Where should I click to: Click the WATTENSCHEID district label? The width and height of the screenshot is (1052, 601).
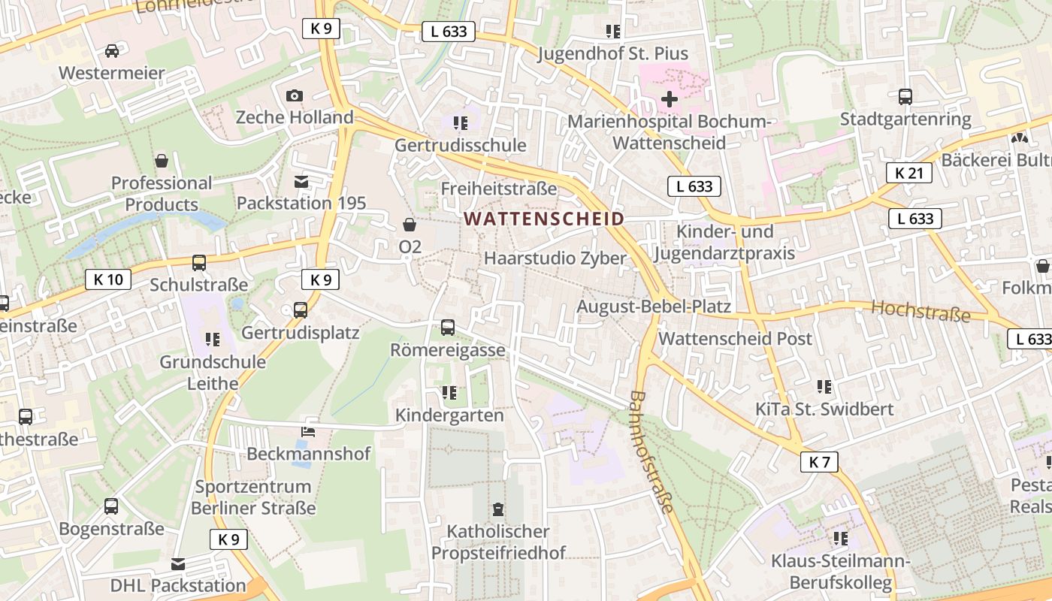coord(545,219)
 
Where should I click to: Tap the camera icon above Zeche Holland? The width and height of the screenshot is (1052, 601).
coord(295,95)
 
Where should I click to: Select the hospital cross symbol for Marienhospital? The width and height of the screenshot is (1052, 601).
coord(669,99)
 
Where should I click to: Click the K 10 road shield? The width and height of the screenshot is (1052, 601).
coord(108,279)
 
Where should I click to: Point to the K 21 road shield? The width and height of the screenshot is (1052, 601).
coord(908,173)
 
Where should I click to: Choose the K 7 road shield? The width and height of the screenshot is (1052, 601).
coord(818,461)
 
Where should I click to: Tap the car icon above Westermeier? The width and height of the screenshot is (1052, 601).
coord(112,51)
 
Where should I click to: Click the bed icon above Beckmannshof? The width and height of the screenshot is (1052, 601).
coord(308,432)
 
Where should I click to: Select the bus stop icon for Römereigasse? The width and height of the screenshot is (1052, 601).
coord(448,327)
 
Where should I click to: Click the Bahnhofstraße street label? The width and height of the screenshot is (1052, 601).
coord(651,452)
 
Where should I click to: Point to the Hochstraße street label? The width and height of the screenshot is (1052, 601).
coord(920,310)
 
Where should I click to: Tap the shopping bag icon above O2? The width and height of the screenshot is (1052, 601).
coord(410,225)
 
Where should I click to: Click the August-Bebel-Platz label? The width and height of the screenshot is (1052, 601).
coord(653,307)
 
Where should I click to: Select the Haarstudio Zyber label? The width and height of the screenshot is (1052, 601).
coord(555,258)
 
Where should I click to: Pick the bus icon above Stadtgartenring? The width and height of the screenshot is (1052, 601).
coord(905,97)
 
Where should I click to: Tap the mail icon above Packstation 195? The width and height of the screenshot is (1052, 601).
coord(301,182)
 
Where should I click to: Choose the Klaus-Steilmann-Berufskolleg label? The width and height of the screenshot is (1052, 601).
coord(840,572)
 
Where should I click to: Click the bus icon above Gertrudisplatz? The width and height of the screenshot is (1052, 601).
coord(301,310)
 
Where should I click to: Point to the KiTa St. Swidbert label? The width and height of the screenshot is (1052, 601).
coord(824,409)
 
